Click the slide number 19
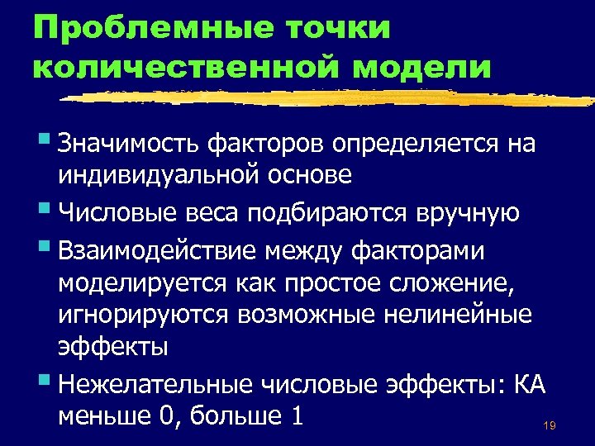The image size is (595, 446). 549,426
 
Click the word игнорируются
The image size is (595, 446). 142,316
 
